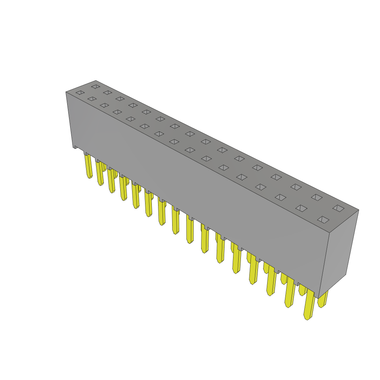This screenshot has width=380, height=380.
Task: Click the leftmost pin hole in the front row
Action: tap(80, 92)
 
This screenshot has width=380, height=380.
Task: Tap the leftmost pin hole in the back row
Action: tap(96, 86)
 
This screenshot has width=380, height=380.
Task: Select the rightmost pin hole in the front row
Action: tap(323, 220)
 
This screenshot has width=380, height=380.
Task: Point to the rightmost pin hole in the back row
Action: tap(338, 208)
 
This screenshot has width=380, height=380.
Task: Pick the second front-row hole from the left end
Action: tap(92, 99)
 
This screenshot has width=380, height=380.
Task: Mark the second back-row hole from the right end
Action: tap(317, 197)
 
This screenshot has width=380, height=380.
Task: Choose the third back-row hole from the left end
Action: tap(120, 99)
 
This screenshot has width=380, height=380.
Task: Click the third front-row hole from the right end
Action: tap(281, 197)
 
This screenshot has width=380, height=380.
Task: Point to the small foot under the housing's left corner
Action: tap(75, 147)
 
